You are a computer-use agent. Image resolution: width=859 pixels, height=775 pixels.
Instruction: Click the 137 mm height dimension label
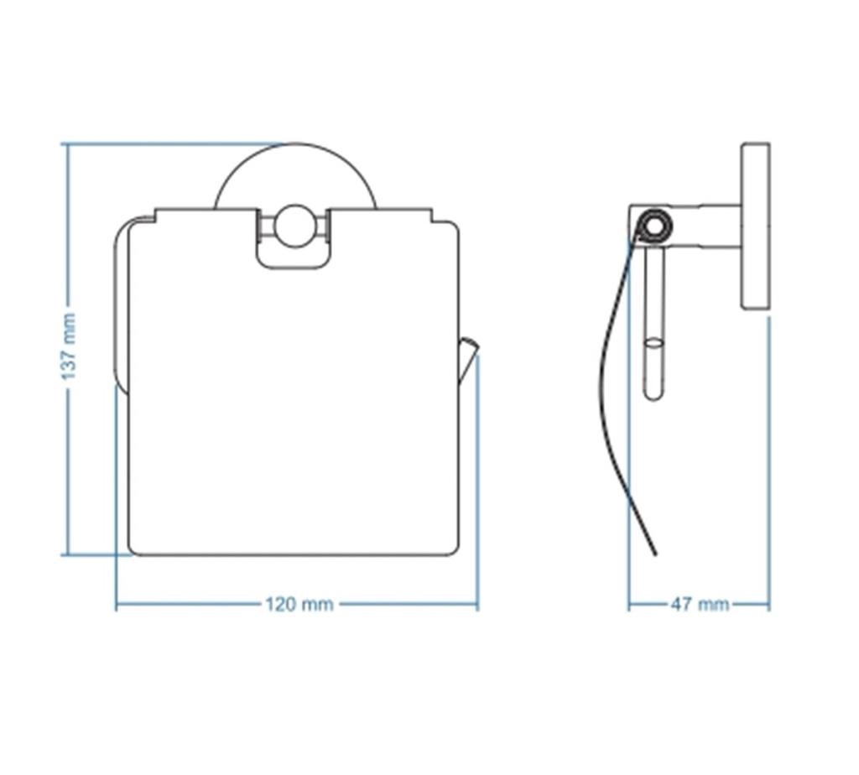coord(69,346)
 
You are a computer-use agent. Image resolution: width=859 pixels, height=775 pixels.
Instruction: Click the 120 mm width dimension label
coord(299,605)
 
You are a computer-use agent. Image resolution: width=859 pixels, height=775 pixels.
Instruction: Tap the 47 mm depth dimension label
coord(700,605)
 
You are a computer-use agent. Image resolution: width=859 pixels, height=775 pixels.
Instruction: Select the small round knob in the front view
coord(294,226)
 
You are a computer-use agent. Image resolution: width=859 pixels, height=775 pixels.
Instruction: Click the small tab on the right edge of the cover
coord(467,360)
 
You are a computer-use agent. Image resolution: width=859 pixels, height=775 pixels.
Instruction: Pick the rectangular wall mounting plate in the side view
coord(756,226)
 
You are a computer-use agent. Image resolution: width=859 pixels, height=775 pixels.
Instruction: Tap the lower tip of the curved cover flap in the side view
coord(655,554)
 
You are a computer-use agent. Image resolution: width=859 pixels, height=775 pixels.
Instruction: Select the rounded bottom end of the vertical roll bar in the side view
coord(654,395)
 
